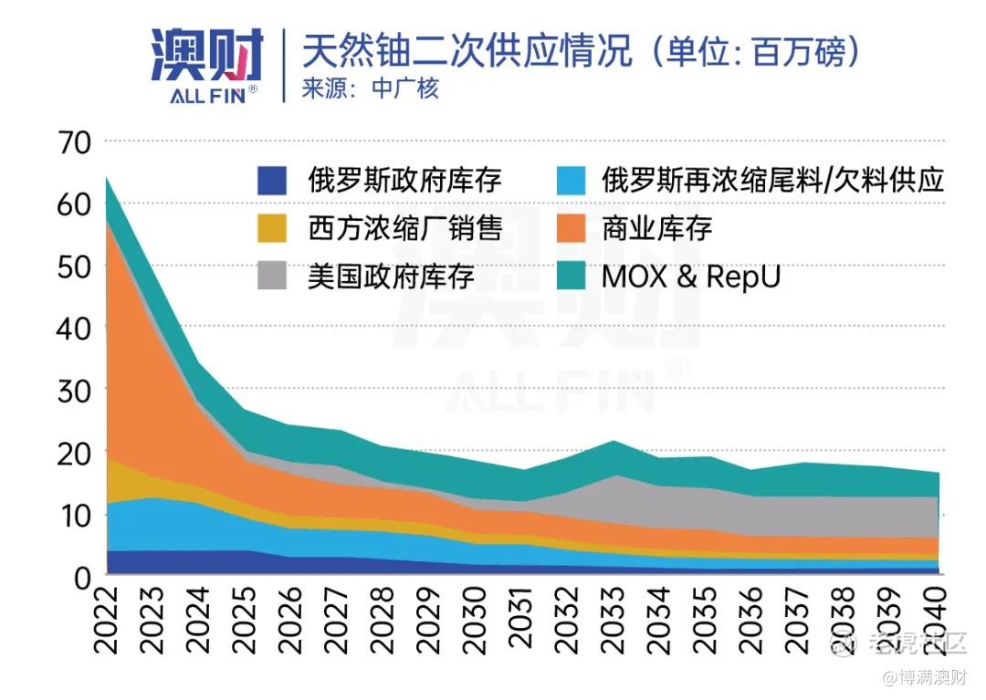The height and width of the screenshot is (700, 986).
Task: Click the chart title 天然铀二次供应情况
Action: click(467, 50)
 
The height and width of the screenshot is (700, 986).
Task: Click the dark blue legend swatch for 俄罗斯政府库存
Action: click(272, 179)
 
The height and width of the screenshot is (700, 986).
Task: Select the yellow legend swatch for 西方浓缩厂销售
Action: click(272, 227)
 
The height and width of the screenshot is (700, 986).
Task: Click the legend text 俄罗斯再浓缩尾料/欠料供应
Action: click(772, 179)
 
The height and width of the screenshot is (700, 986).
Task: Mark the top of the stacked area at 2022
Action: click(108, 177)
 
